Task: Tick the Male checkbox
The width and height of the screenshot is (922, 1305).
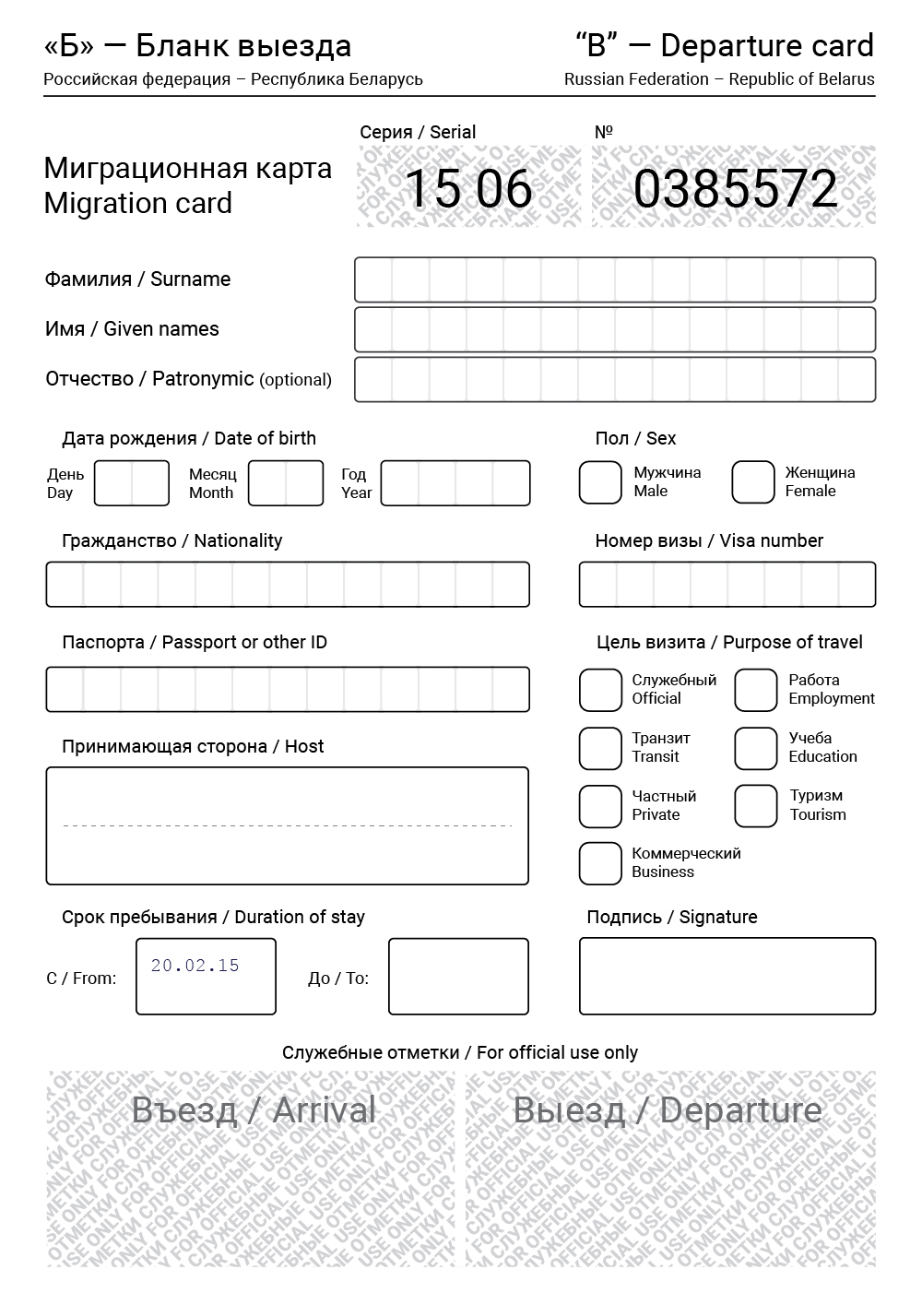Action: [x=600, y=482]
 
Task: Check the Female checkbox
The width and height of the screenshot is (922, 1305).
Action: [x=752, y=482]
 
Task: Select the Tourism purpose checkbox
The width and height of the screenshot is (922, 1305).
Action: [x=756, y=806]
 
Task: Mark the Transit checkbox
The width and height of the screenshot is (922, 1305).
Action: [x=600, y=748]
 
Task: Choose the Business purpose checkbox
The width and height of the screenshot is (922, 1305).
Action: [x=600, y=863]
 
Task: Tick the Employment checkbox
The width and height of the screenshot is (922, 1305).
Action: [x=756, y=690]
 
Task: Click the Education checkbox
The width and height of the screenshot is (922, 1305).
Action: [x=756, y=748]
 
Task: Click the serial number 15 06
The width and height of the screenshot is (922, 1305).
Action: [x=468, y=188]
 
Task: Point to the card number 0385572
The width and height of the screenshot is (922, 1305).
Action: [x=735, y=188]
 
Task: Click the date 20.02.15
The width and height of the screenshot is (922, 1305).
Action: [x=195, y=966]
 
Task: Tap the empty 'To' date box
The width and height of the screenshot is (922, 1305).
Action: [x=458, y=976]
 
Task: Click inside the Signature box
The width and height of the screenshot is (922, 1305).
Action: [x=727, y=976]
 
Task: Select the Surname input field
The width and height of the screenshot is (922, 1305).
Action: [x=615, y=279]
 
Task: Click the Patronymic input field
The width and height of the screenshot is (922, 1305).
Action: [x=615, y=379]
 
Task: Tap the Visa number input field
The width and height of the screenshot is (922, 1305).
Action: [x=727, y=584]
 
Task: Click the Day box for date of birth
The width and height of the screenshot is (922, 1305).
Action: [x=132, y=483]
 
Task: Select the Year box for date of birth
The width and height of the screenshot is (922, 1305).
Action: [x=455, y=483]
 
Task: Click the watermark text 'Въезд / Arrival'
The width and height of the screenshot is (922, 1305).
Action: [x=254, y=1109]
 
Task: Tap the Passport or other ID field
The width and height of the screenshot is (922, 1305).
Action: [x=288, y=689]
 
